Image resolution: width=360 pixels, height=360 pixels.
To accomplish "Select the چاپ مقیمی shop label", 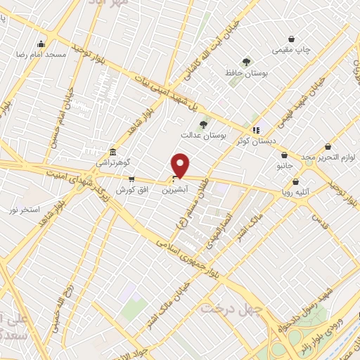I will coord(292,50).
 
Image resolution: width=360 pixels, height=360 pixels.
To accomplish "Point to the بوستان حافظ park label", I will coord(245,72).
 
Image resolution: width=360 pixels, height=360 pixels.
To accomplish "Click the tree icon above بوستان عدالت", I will coord(204,124).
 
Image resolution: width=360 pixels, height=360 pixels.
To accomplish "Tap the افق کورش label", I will coord(130,190).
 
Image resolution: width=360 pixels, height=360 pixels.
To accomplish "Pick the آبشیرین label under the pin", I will coord(175,190).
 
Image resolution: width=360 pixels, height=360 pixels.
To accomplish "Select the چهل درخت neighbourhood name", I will coord(231,308).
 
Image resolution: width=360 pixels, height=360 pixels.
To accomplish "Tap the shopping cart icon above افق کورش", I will coord(131,179).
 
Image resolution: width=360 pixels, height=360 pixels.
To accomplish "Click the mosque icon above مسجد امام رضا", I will coord(41,44).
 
